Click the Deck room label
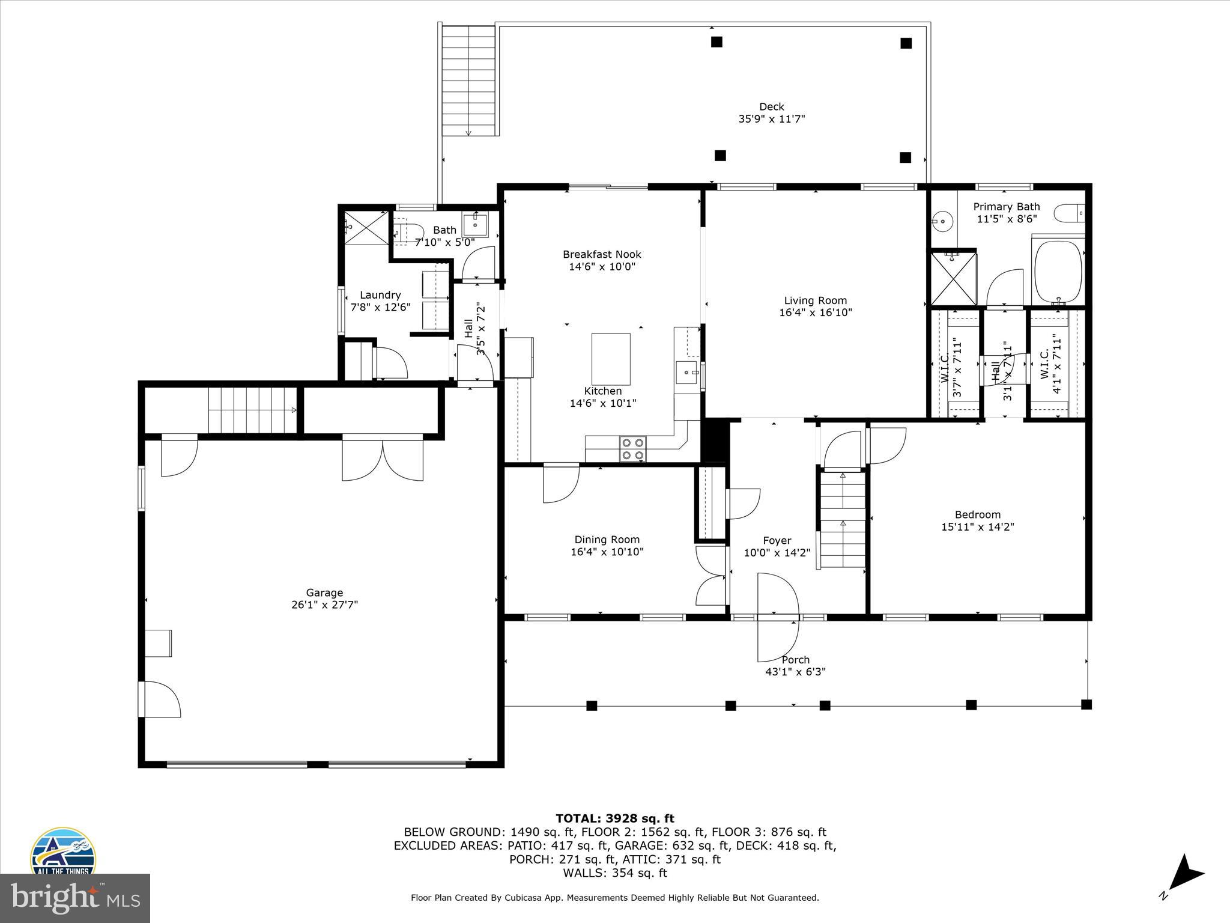coord(771,107)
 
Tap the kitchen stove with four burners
coord(633,449)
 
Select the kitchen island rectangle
coord(611,359)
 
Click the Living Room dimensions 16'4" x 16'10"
coord(815,312)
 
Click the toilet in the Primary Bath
coord(1070,212)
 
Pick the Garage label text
coord(324,592)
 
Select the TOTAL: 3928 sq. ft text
coord(614,818)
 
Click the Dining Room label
coord(607,540)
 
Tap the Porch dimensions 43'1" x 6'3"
coord(795,672)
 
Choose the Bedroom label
coord(977,514)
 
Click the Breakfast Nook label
coord(602,254)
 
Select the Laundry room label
coord(380,295)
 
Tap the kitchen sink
coord(686,373)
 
